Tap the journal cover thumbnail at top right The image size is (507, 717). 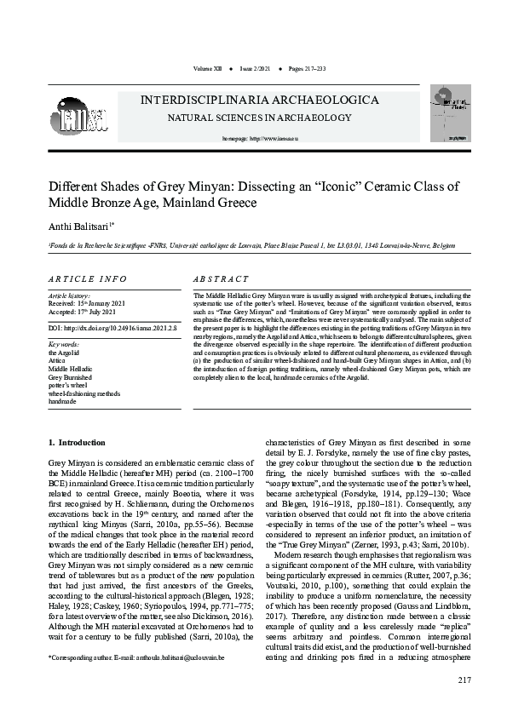(x=449, y=113)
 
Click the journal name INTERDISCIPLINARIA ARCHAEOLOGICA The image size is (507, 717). (x=260, y=100)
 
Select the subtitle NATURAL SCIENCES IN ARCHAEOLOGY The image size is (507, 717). (x=247, y=118)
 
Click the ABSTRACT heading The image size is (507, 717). (x=221, y=279)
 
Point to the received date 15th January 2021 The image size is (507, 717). (x=87, y=304)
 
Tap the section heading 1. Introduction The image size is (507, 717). (x=77, y=443)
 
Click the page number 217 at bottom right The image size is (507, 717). (x=464, y=680)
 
